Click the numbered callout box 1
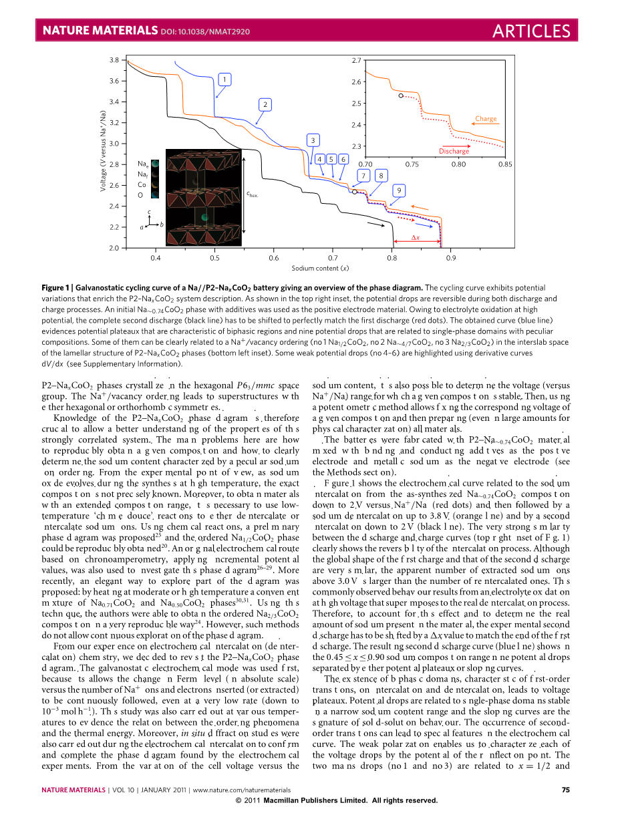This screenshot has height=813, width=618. tap(225, 79)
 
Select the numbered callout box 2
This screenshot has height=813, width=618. tap(265, 104)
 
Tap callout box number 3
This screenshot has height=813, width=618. tap(312, 140)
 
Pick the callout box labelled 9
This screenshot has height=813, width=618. tap(399, 191)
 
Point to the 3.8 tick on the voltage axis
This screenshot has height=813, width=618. tap(114, 60)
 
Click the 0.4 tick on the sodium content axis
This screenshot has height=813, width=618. tap(155, 257)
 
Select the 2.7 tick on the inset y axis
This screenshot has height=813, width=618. tap(356, 61)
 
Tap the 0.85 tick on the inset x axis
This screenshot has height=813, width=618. tap(505, 164)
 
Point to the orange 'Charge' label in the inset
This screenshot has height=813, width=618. tap(486, 119)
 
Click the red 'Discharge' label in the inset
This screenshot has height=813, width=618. tap(454, 151)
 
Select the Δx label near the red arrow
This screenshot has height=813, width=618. tap(415, 238)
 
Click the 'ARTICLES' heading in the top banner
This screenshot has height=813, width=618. tap(531, 31)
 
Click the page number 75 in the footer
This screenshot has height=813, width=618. tap(565, 790)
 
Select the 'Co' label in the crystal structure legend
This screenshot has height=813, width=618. tap(142, 184)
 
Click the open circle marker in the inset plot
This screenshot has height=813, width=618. tap(400, 96)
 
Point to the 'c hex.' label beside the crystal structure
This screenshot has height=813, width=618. tap(252, 194)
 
